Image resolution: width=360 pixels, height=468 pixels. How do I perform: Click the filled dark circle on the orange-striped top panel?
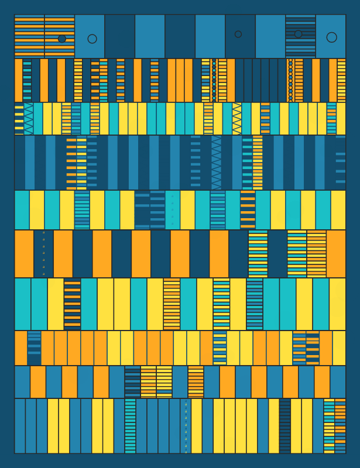62,39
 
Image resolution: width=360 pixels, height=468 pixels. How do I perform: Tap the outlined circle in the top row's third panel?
92,39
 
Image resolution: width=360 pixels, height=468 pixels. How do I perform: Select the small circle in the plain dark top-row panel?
238,34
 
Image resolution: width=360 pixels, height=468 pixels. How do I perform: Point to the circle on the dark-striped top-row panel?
299,34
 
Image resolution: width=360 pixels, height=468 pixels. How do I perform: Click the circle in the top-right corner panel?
331,37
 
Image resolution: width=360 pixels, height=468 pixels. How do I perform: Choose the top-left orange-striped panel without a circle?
29,36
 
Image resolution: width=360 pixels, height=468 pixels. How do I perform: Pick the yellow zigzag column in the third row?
237,119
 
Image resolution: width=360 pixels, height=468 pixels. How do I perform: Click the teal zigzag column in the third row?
29,119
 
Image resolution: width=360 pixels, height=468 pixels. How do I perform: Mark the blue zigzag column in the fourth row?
217,163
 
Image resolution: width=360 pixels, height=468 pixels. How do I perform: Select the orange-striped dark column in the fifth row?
248,210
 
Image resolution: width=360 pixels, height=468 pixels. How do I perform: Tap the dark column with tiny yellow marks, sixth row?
43,254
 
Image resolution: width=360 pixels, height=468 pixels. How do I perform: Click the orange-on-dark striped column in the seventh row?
73,304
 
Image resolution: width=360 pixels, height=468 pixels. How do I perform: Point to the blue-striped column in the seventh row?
255,304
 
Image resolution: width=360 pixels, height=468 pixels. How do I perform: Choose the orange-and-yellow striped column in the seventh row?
172,304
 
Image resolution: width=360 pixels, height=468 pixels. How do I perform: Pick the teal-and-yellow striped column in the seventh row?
221,304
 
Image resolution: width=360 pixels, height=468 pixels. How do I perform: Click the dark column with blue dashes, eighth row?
34,348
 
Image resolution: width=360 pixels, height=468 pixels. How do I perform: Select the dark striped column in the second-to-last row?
132,382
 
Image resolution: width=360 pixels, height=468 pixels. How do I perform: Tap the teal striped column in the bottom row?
130,426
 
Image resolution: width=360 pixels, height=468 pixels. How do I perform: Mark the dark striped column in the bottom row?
285,426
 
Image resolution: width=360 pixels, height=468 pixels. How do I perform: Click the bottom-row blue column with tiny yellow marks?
186,426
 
